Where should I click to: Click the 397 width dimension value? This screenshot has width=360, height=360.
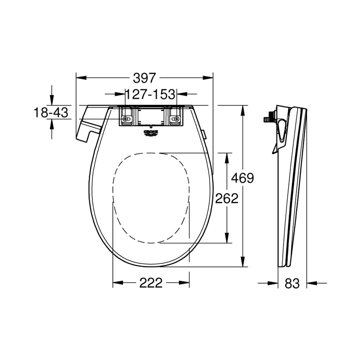click(144, 78)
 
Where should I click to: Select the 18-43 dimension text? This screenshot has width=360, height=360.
click(51, 112)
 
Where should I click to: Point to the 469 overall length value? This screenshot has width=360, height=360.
click(242, 178)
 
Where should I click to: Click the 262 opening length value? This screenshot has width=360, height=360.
click(226, 198)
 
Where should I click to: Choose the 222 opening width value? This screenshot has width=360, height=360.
click(151, 283)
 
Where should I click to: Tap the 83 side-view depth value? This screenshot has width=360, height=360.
click(292, 283)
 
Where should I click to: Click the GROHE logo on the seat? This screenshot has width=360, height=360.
click(151, 133)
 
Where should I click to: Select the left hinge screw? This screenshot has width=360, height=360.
click(125, 119)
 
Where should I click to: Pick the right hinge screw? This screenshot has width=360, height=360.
click(176, 119)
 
